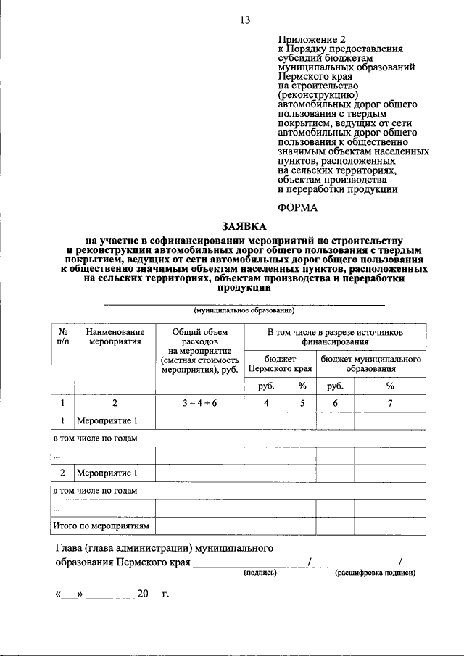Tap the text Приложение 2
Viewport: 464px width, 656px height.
click(x=309, y=38)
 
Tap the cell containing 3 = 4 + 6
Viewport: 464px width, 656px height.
click(x=199, y=403)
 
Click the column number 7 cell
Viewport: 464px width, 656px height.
click(x=390, y=403)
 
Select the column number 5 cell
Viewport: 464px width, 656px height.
click(x=302, y=403)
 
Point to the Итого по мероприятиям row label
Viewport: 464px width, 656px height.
click(x=102, y=526)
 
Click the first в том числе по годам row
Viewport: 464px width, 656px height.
click(x=95, y=439)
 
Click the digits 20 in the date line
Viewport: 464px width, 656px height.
click(x=143, y=595)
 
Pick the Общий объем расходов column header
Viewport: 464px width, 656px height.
click(x=199, y=347)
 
